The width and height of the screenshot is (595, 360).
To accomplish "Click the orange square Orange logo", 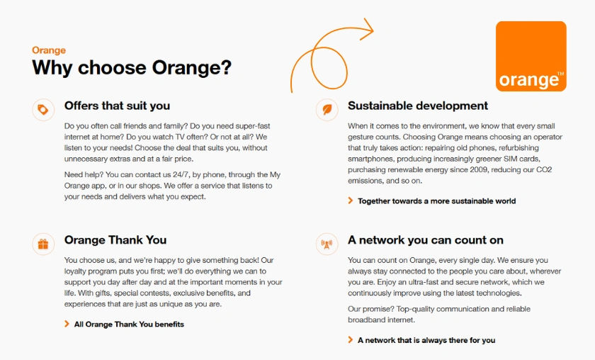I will click(531, 56).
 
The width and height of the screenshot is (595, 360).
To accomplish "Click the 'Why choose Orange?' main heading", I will click(132, 68).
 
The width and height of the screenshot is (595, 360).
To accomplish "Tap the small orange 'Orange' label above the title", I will click(49, 50).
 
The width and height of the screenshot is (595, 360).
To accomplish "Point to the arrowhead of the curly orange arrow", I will click(366, 29).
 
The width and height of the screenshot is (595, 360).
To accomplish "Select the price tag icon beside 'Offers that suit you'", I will click(43, 109).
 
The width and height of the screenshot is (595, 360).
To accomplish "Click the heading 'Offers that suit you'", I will click(117, 106).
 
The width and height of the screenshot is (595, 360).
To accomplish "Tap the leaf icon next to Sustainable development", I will click(327, 109).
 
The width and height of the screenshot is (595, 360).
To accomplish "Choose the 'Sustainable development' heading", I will click(418, 106).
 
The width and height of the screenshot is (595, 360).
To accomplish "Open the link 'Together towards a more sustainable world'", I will click(436, 201).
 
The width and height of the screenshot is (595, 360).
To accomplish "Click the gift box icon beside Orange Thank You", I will click(43, 244).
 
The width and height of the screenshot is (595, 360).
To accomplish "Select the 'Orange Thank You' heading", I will click(115, 240).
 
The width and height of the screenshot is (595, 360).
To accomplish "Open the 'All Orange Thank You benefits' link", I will click(129, 324).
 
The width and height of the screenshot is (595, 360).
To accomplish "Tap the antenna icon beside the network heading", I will click(327, 244).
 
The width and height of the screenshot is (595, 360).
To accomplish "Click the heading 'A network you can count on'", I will click(426, 240).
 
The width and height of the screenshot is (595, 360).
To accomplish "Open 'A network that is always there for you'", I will click(426, 340).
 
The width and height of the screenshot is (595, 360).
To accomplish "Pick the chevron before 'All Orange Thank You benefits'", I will click(67, 324).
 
